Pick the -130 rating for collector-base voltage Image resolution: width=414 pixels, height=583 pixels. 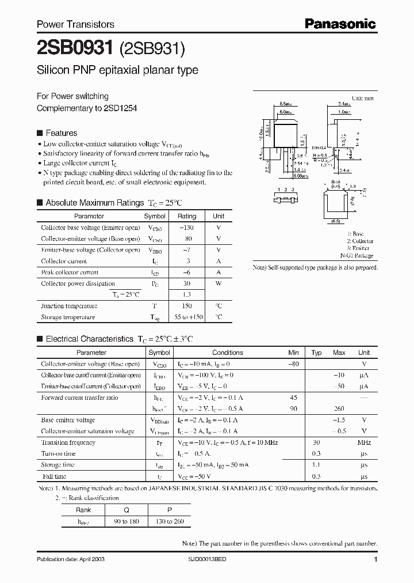187,228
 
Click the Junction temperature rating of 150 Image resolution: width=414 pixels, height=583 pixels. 187,306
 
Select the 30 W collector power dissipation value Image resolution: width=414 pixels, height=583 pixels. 187,283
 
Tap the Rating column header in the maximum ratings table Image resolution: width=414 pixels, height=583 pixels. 187,216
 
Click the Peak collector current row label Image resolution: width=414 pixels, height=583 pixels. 70,272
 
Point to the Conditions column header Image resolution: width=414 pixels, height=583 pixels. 228,353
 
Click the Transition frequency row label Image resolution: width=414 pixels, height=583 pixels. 68,442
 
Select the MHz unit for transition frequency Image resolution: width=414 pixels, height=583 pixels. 364,442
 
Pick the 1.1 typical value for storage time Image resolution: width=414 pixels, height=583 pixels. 316,465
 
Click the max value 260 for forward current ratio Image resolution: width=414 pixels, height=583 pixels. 339,408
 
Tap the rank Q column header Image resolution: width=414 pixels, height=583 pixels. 126,510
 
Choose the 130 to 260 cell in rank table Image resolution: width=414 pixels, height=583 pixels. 170,521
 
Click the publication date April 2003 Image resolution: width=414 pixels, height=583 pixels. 71,559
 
